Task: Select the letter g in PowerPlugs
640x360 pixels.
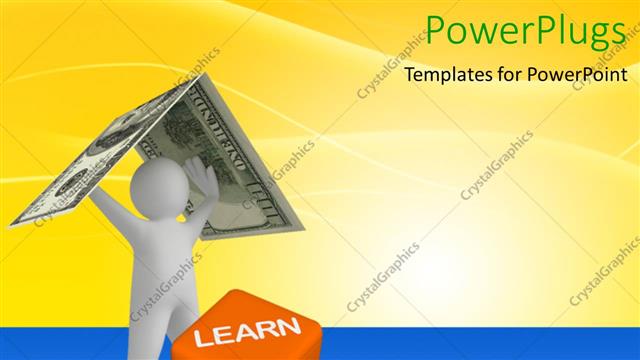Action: pos(598,38)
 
